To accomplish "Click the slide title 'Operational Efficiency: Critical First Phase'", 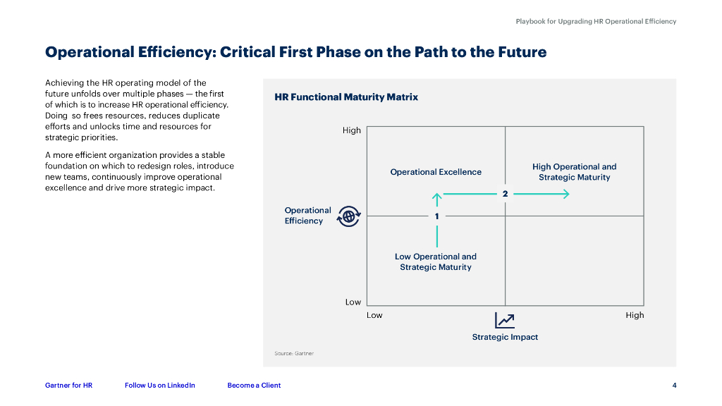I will (x=295, y=52).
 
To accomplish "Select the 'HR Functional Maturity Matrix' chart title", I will (x=346, y=97).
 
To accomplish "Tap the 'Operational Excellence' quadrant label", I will (x=436, y=172).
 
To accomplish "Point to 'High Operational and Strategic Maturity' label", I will (x=574, y=172).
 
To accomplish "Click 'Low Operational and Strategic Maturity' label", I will (x=436, y=262).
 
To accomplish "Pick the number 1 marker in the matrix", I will (x=437, y=216).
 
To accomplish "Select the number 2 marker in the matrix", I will (x=506, y=194).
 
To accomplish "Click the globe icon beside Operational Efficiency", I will (x=348, y=216).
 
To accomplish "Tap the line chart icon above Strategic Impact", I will (x=505, y=320).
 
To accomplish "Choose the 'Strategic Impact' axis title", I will (x=505, y=337).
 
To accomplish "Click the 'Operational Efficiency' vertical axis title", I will (x=307, y=216).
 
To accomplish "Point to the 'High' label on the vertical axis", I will (x=352, y=130).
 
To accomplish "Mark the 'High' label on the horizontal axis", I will (x=635, y=315).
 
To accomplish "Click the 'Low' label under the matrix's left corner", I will (x=374, y=315).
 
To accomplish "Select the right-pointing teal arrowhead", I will (x=565, y=194).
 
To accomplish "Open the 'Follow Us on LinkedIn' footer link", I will (x=160, y=386).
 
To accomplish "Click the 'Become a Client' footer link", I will (x=254, y=386).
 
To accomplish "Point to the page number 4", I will (x=675, y=386).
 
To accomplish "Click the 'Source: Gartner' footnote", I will (x=294, y=353).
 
